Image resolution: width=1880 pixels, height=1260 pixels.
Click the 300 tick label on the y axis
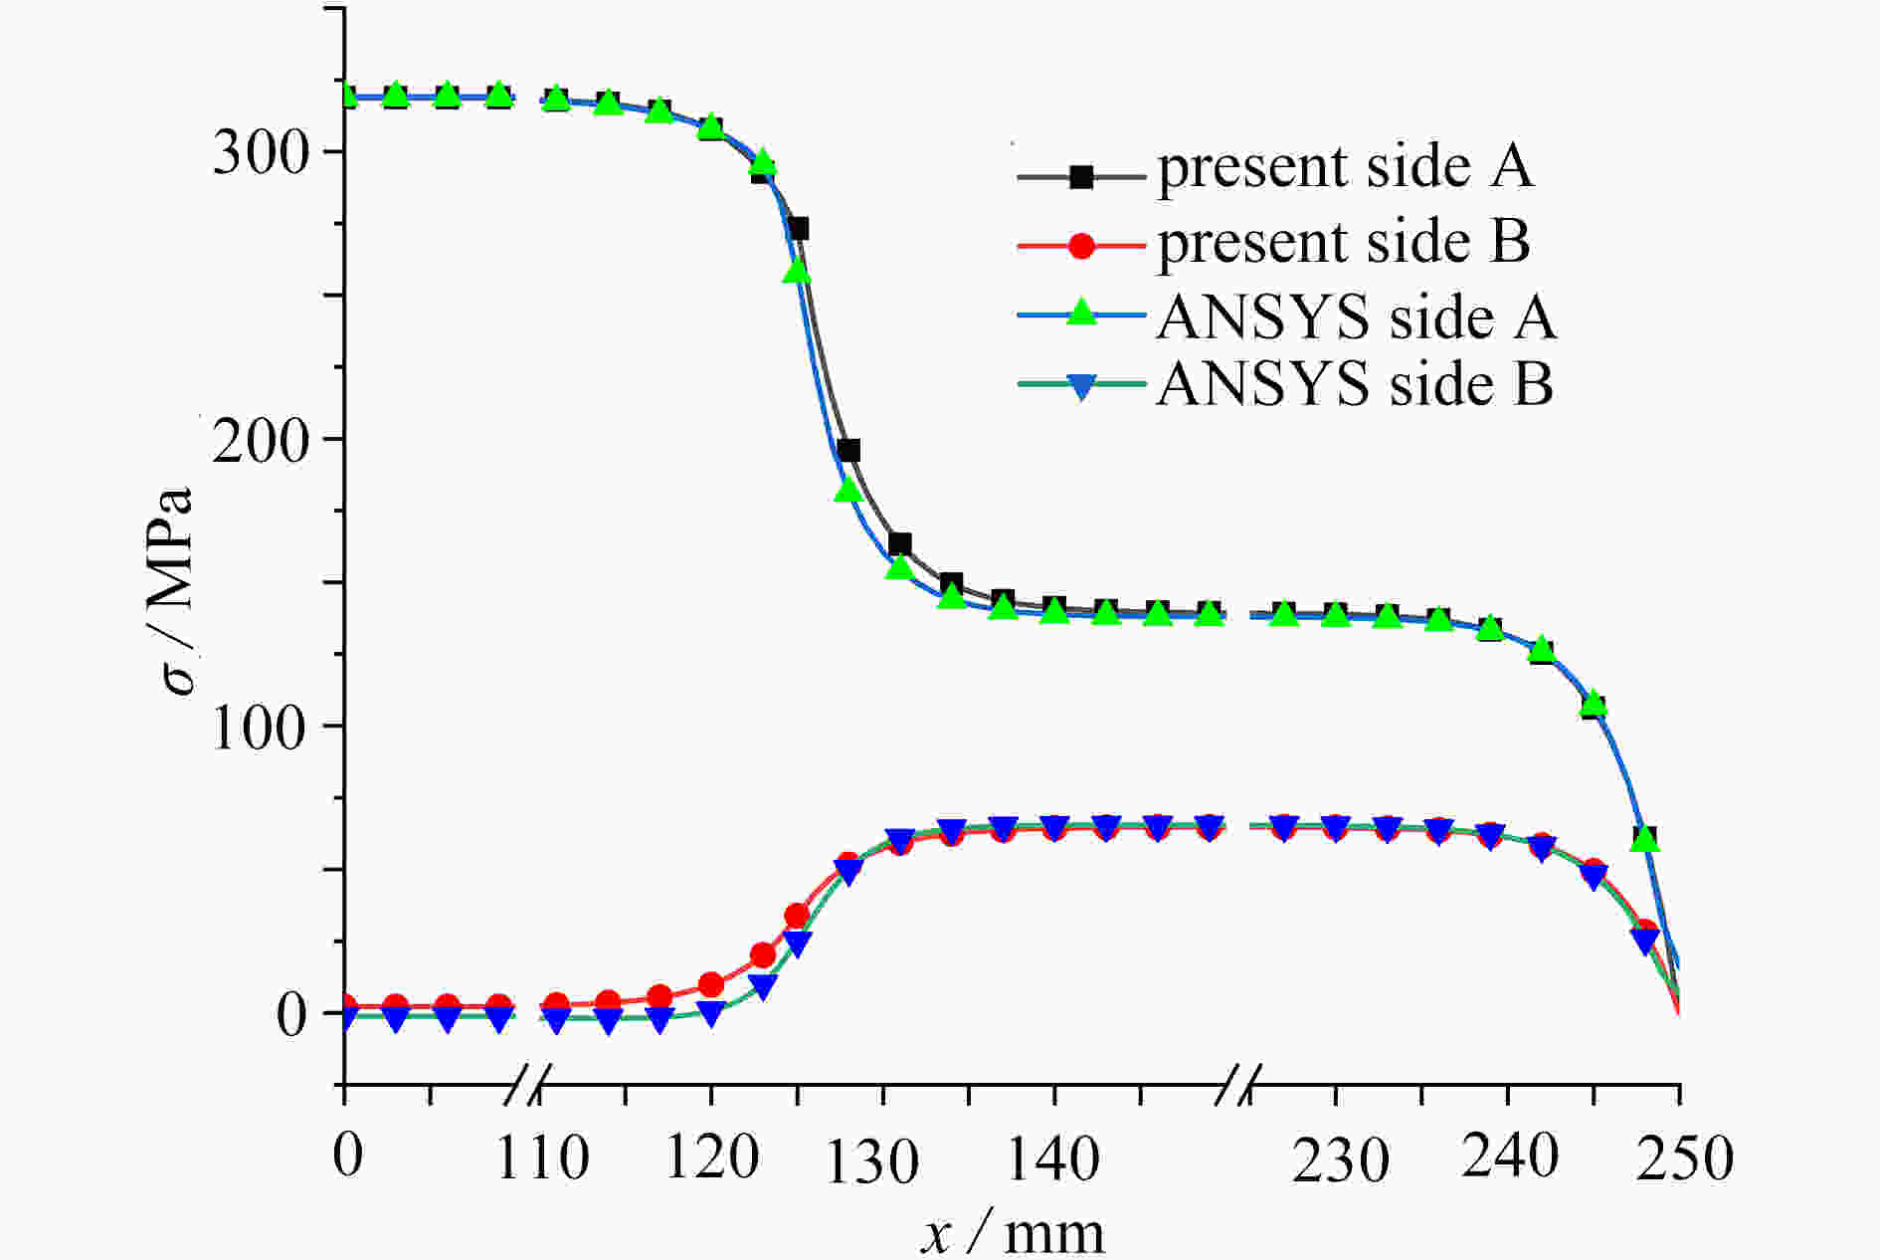pos(262,154)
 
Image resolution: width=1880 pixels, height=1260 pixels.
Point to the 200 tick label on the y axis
pos(262,441)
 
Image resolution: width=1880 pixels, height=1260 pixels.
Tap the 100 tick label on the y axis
pos(262,728)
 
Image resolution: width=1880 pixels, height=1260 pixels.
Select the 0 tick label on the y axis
pos(291,1015)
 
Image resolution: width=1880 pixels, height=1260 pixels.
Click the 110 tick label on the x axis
pos(542,1157)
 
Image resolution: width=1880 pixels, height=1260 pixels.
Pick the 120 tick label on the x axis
pos(711,1157)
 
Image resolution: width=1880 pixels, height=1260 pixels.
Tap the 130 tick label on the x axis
pos(872,1161)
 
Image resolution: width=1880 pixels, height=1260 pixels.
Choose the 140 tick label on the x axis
pos(1052,1157)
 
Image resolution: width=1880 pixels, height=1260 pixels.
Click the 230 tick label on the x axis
pos(1340,1161)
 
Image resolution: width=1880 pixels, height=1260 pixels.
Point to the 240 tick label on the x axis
pos(1509,1157)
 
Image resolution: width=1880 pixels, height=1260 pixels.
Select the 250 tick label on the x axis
pos(1684,1159)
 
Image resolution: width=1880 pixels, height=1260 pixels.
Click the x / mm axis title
pos(1012,1234)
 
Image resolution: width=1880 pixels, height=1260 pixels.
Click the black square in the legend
pos(1081,177)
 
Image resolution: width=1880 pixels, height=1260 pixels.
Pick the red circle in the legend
pos(1081,245)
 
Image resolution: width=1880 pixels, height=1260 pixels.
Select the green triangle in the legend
pos(1081,313)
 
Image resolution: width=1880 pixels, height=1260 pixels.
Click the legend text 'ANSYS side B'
pos(1355,384)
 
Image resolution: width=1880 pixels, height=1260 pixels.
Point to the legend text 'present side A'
pos(1345,167)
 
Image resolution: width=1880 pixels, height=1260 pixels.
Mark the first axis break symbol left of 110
pos(526,1084)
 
